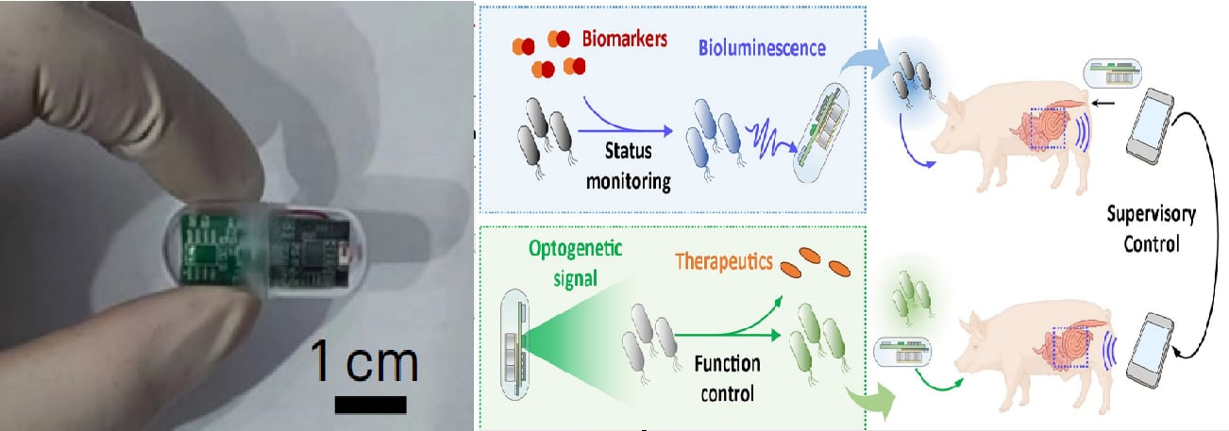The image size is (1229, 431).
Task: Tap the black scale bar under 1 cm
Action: click(370, 405)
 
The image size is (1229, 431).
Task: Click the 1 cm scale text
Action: click(364, 364)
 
